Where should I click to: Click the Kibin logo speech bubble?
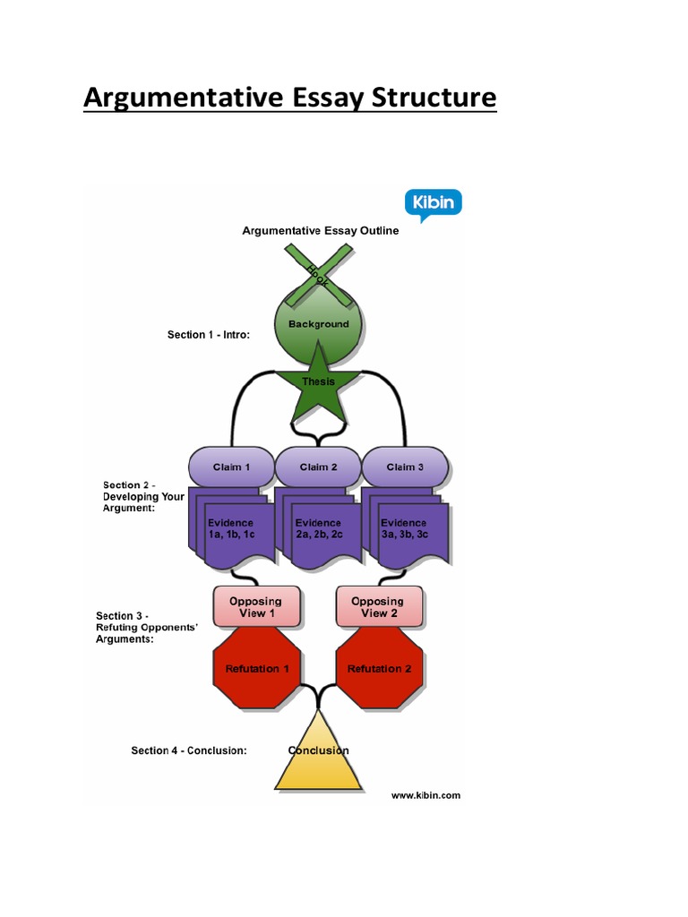click(x=434, y=203)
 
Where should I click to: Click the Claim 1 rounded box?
click(x=231, y=467)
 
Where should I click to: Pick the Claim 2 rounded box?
click(x=318, y=467)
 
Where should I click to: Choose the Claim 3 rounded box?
click(x=404, y=467)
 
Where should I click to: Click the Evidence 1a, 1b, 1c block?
click(x=229, y=528)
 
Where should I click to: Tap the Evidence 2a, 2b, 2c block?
click(x=318, y=528)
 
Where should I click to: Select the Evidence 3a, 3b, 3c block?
click(x=405, y=528)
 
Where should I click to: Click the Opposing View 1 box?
click(x=255, y=607)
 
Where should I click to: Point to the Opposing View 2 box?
click(x=378, y=607)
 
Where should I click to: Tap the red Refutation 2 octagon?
click(x=379, y=668)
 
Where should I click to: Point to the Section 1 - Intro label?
click(x=208, y=335)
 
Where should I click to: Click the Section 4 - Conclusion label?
click(x=189, y=750)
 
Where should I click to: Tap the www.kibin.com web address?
click(x=426, y=794)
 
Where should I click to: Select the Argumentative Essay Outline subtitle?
click(x=320, y=230)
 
